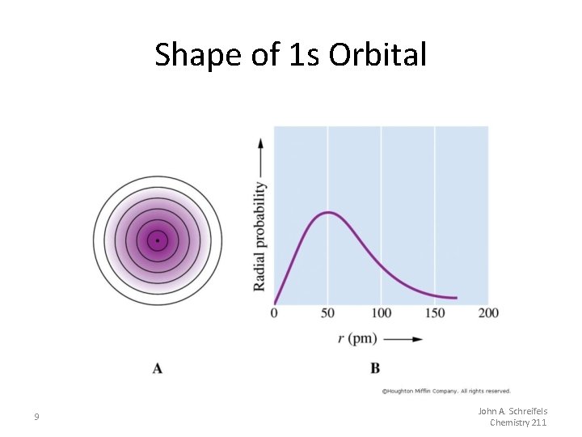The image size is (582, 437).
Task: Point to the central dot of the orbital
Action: pos(158,240)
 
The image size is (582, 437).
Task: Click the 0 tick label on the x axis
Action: pos(274,313)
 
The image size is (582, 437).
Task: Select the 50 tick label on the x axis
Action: pos(327,313)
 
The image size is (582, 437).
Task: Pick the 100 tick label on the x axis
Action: pos(381,313)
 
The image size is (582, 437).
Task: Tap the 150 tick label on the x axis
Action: pos(434,313)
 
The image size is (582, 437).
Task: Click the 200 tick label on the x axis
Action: pos(487,313)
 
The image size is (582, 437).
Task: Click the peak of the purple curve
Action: pos(327,212)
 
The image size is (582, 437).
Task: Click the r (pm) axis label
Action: pos(356,338)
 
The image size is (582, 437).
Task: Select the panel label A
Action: pos(158,368)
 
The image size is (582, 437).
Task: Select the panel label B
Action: pos(375,368)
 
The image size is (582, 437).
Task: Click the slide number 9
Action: pos(36,417)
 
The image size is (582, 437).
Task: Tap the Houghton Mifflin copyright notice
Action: pos(446,391)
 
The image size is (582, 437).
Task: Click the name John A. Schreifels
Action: pos(512,411)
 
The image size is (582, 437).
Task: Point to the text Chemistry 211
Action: pos(518,422)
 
